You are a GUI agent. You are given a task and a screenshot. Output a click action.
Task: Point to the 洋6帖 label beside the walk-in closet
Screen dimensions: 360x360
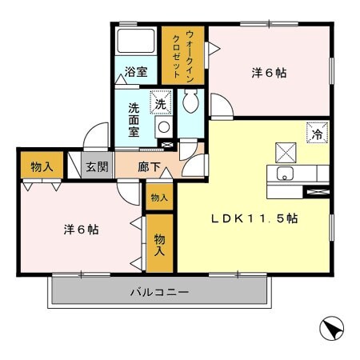coord(270,73)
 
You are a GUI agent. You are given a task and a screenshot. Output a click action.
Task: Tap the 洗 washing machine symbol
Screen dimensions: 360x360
coord(160,104)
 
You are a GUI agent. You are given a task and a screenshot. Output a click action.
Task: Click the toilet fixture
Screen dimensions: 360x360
coord(190,102)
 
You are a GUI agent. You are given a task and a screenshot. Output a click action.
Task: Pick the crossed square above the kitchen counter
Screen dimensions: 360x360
coord(286,151)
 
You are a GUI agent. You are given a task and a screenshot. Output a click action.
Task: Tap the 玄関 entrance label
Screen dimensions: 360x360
coord(97,167)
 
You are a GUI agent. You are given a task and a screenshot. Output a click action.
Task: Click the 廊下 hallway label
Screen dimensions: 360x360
coord(149,167)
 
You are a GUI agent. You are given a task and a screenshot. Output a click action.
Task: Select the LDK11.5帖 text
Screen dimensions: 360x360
coord(254,218)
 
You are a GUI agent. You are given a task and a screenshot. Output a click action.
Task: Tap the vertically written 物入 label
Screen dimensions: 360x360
coord(160,245)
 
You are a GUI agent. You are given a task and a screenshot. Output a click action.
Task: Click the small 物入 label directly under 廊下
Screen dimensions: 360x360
coord(159,198)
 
